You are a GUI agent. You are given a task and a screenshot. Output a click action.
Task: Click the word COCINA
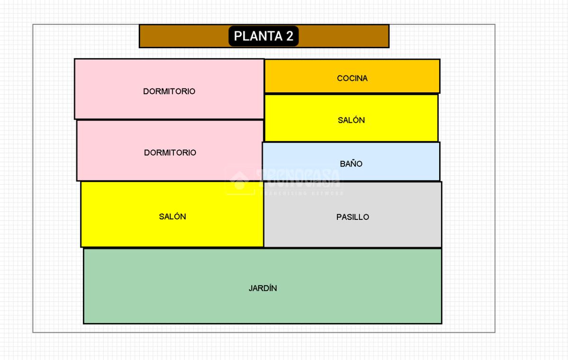352,78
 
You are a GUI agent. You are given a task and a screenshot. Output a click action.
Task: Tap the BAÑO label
351,164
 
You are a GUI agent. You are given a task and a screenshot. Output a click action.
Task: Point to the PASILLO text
353,217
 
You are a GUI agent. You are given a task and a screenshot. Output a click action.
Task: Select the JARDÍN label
263,288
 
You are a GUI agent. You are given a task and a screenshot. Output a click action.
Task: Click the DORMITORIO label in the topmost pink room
169,91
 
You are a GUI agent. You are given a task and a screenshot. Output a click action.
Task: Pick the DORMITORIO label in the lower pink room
170,153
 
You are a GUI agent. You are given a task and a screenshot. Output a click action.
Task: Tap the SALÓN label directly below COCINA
351,120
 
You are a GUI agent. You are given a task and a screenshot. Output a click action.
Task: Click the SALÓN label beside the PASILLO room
172,216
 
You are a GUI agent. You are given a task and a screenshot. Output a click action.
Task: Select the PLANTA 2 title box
264,36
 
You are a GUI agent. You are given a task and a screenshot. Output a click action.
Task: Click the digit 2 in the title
290,36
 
